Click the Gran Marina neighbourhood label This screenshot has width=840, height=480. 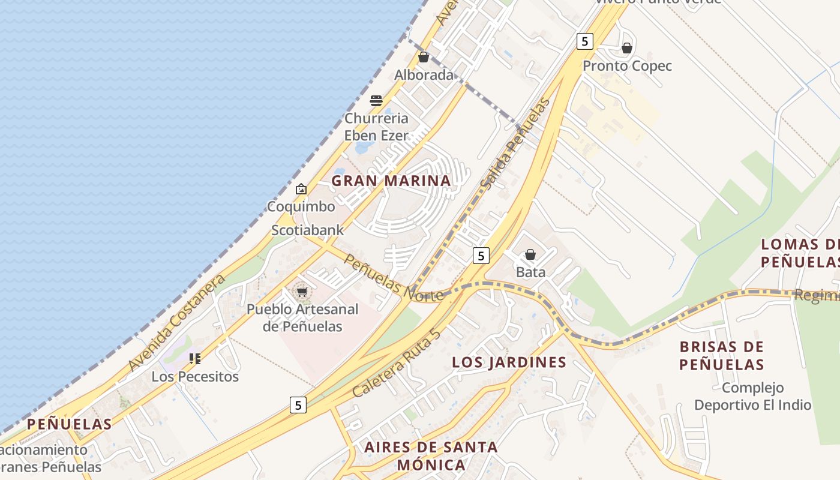pyautogui.click(x=391, y=181)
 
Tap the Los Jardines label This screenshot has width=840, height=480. pyautogui.click(x=509, y=362)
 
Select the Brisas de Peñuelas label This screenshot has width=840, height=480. pyautogui.click(x=722, y=355)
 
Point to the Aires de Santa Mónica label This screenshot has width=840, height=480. pyautogui.click(x=431, y=455)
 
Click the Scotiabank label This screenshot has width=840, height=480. pyautogui.click(x=308, y=230)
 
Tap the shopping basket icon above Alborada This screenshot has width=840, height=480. pyautogui.click(x=424, y=57)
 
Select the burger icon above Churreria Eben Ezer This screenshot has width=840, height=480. pyautogui.click(x=376, y=100)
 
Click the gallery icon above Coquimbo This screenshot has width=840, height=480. pyautogui.click(x=301, y=189)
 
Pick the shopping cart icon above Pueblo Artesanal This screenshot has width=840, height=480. pyautogui.click(x=302, y=292)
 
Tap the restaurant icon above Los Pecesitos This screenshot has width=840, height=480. pyautogui.click(x=195, y=359)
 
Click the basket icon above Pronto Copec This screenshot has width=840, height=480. pyautogui.click(x=627, y=48)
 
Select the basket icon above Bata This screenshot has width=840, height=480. pyautogui.click(x=530, y=255)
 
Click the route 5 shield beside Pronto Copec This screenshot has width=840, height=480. pyautogui.click(x=584, y=41)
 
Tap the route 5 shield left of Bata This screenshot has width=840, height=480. pyautogui.click(x=481, y=256)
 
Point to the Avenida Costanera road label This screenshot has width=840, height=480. pyautogui.click(x=176, y=322)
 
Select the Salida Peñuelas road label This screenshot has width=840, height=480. pyautogui.click(x=515, y=143)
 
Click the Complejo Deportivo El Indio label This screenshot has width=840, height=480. pyautogui.click(x=752, y=396)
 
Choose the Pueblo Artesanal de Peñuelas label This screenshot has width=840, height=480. pyautogui.click(x=302, y=318)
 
